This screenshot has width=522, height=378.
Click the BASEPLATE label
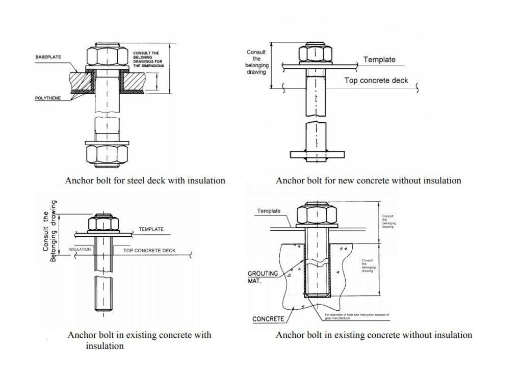(x=48, y=57)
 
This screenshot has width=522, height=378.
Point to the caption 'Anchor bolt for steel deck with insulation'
(x=145, y=180)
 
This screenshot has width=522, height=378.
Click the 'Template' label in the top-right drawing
(x=379, y=60)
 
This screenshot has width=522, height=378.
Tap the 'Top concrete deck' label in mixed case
(x=376, y=80)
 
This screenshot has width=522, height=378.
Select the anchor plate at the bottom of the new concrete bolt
(x=315, y=154)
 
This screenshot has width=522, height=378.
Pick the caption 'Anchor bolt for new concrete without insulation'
(x=368, y=180)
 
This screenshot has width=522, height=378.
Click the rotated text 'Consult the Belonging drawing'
(x=49, y=230)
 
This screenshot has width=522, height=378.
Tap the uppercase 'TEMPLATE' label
(x=151, y=229)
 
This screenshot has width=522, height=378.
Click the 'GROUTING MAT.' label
(x=263, y=277)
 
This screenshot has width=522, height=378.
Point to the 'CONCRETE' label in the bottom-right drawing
(x=268, y=319)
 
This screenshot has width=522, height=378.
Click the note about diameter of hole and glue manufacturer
(x=357, y=316)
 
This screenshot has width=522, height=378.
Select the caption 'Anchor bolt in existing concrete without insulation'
(x=374, y=335)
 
